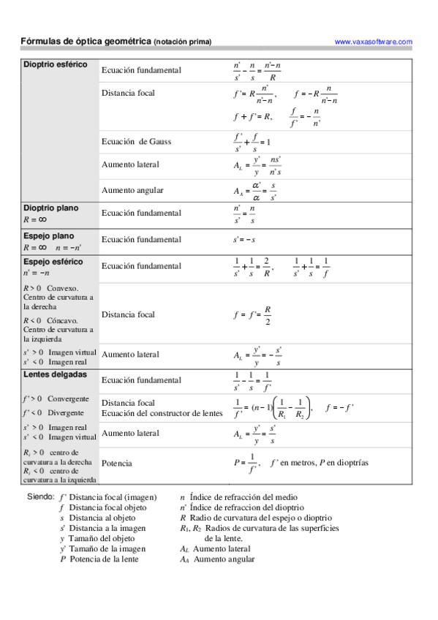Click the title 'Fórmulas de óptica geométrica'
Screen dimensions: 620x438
86,42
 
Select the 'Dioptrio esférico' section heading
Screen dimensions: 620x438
56,64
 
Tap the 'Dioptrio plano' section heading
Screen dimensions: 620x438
51,208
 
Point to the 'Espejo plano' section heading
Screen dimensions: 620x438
49,236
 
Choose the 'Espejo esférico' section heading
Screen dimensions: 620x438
53,262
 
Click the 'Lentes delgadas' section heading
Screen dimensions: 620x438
55,374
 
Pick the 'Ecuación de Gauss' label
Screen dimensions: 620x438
137,141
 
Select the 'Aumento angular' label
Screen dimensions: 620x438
132,190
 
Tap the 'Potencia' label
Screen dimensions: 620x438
117,463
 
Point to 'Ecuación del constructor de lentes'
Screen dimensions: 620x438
162,413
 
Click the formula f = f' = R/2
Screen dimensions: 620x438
253,315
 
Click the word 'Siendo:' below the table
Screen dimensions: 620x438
40,496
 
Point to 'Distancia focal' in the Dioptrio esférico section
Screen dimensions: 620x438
129,94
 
